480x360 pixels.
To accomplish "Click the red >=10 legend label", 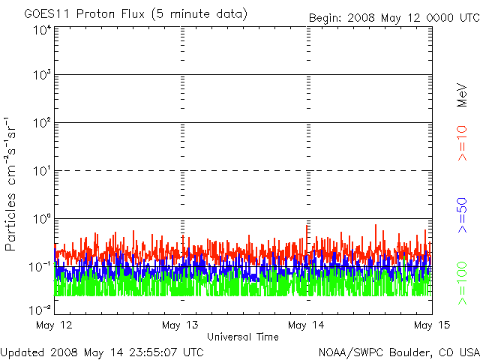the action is coord(462,143).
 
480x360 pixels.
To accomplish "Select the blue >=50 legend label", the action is coord(462,215).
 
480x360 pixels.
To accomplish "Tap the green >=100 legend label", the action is coord(462,283).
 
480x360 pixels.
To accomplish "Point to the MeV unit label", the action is coord(462,95).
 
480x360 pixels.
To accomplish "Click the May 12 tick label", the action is coord(54,325).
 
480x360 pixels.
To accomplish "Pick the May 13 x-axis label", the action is coord(180,325).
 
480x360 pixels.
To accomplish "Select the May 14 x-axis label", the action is coord(306,325).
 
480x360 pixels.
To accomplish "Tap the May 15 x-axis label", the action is coord(432,325).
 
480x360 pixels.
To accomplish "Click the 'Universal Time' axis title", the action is coord(243,337).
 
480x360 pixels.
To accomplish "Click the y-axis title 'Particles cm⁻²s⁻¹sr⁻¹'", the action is coord(10,184).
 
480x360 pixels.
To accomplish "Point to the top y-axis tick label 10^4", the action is coord(42,31).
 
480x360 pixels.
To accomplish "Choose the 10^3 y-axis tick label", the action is coord(42,75).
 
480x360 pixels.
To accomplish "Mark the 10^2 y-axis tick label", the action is coord(42,123).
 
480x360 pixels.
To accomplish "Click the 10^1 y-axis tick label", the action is coord(42,171).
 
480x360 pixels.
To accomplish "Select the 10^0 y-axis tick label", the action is coord(42,219).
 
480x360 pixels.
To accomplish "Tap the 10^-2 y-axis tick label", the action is coord(40,310).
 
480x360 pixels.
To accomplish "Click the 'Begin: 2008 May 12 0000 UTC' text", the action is coord(394,18).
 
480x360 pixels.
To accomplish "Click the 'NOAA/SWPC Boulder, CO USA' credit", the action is coord(399,352).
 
